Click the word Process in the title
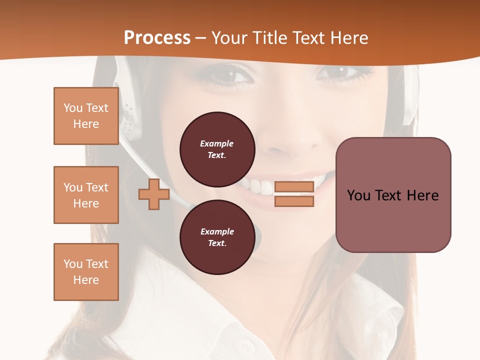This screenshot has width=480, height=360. (157, 38)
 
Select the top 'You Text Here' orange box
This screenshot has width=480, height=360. (86, 116)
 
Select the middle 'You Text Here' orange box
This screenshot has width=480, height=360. (86, 195)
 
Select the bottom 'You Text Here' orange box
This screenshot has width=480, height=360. (86, 272)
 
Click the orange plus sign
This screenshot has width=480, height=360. (153, 194)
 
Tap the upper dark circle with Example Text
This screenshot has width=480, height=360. (217, 149)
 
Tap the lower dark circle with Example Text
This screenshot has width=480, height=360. (217, 237)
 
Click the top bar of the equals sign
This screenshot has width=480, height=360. (294, 186)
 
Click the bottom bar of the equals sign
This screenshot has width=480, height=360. (294, 201)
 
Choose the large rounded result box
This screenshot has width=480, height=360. (393, 194)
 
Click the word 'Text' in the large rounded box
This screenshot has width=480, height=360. (392, 195)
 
